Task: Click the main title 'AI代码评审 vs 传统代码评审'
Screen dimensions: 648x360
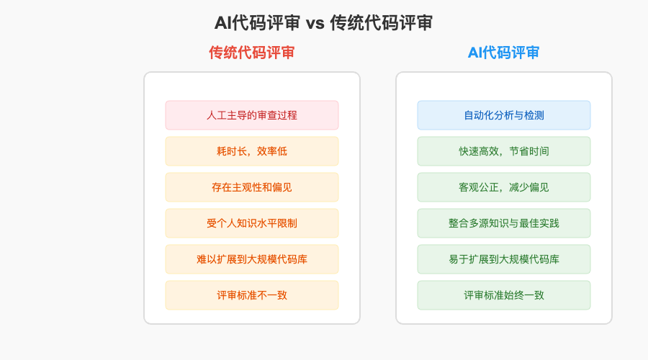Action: coord(323,23)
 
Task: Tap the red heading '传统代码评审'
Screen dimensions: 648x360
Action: coord(251,53)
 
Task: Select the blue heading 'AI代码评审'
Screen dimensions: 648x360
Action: coord(503,53)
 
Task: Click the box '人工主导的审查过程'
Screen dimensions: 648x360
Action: coord(251,115)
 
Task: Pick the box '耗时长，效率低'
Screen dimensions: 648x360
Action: coord(251,151)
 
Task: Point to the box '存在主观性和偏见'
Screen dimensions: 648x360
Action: coord(251,187)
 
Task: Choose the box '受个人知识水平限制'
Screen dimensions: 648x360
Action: coord(251,223)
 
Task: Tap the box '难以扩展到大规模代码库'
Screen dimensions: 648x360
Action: coord(251,259)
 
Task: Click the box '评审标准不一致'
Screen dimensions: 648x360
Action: coord(251,295)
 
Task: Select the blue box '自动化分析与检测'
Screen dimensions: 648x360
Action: coord(503,115)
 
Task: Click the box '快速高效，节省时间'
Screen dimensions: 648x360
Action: coord(503,151)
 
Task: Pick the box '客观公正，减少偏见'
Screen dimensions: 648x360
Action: coord(503,187)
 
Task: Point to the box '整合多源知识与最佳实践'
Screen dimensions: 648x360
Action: coord(503,223)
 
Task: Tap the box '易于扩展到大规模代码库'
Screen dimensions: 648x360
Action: coord(503,259)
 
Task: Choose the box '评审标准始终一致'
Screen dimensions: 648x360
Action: coord(503,295)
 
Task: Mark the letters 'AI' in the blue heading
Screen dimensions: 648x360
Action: coord(475,53)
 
